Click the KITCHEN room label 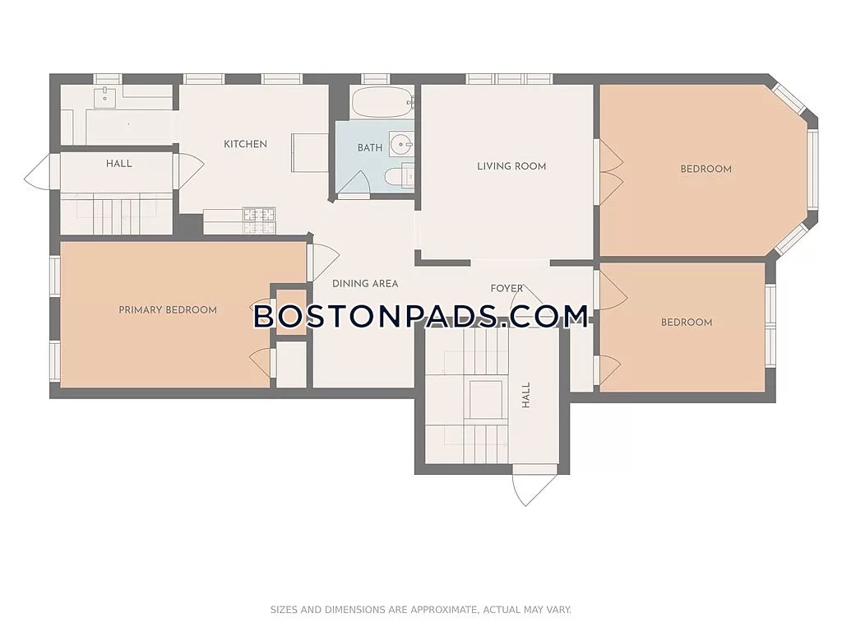click(245, 144)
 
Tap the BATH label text click(370, 147)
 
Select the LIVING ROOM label click(511, 166)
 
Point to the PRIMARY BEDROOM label click(168, 309)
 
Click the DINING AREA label click(365, 283)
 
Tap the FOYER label click(507, 289)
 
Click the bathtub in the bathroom click(382, 102)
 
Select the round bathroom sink click(401, 145)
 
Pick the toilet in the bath click(400, 178)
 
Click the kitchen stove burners click(259, 221)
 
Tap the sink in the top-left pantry click(105, 98)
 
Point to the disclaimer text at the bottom click(420, 610)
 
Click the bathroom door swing click(352, 183)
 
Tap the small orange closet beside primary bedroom click(291, 312)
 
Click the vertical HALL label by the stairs click(525, 395)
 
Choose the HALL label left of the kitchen click(118, 164)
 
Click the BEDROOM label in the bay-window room click(706, 169)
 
